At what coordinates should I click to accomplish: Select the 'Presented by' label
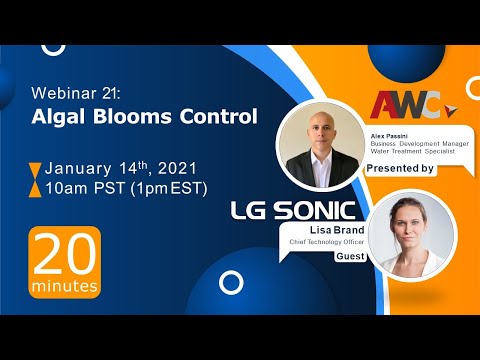(x=400, y=168)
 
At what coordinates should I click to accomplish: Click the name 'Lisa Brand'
(x=314, y=228)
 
